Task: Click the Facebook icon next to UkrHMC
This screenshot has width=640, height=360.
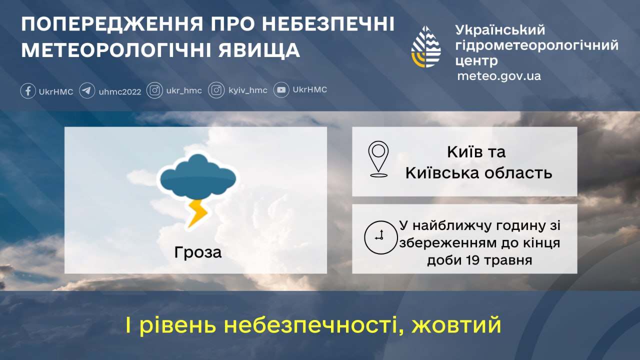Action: click(x=28, y=91)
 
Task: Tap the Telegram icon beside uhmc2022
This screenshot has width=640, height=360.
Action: click(x=87, y=91)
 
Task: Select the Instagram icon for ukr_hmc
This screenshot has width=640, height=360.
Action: click(x=154, y=90)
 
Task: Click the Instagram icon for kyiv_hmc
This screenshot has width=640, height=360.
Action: click(x=216, y=90)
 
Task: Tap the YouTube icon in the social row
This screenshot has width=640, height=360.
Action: click(x=281, y=90)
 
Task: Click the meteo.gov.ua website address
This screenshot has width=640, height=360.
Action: click(x=499, y=76)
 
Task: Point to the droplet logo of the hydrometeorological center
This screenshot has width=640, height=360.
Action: click(x=426, y=46)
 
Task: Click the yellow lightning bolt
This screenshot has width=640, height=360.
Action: click(x=197, y=213)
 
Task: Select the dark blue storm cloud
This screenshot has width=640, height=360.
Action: click(x=198, y=175)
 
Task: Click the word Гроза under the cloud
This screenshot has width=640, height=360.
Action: click(x=198, y=252)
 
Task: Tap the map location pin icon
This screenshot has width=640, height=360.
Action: click(x=378, y=159)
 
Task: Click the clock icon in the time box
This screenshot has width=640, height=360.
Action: click(x=380, y=237)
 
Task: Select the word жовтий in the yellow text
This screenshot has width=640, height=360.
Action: click(x=456, y=325)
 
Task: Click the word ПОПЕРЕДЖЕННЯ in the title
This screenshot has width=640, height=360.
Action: click(x=112, y=24)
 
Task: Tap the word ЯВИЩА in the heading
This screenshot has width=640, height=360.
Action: click(x=259, y=50)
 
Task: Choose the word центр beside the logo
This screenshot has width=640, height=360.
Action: click(x=476, y=61)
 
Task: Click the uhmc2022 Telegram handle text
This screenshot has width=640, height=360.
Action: click(x=120, y=91)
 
